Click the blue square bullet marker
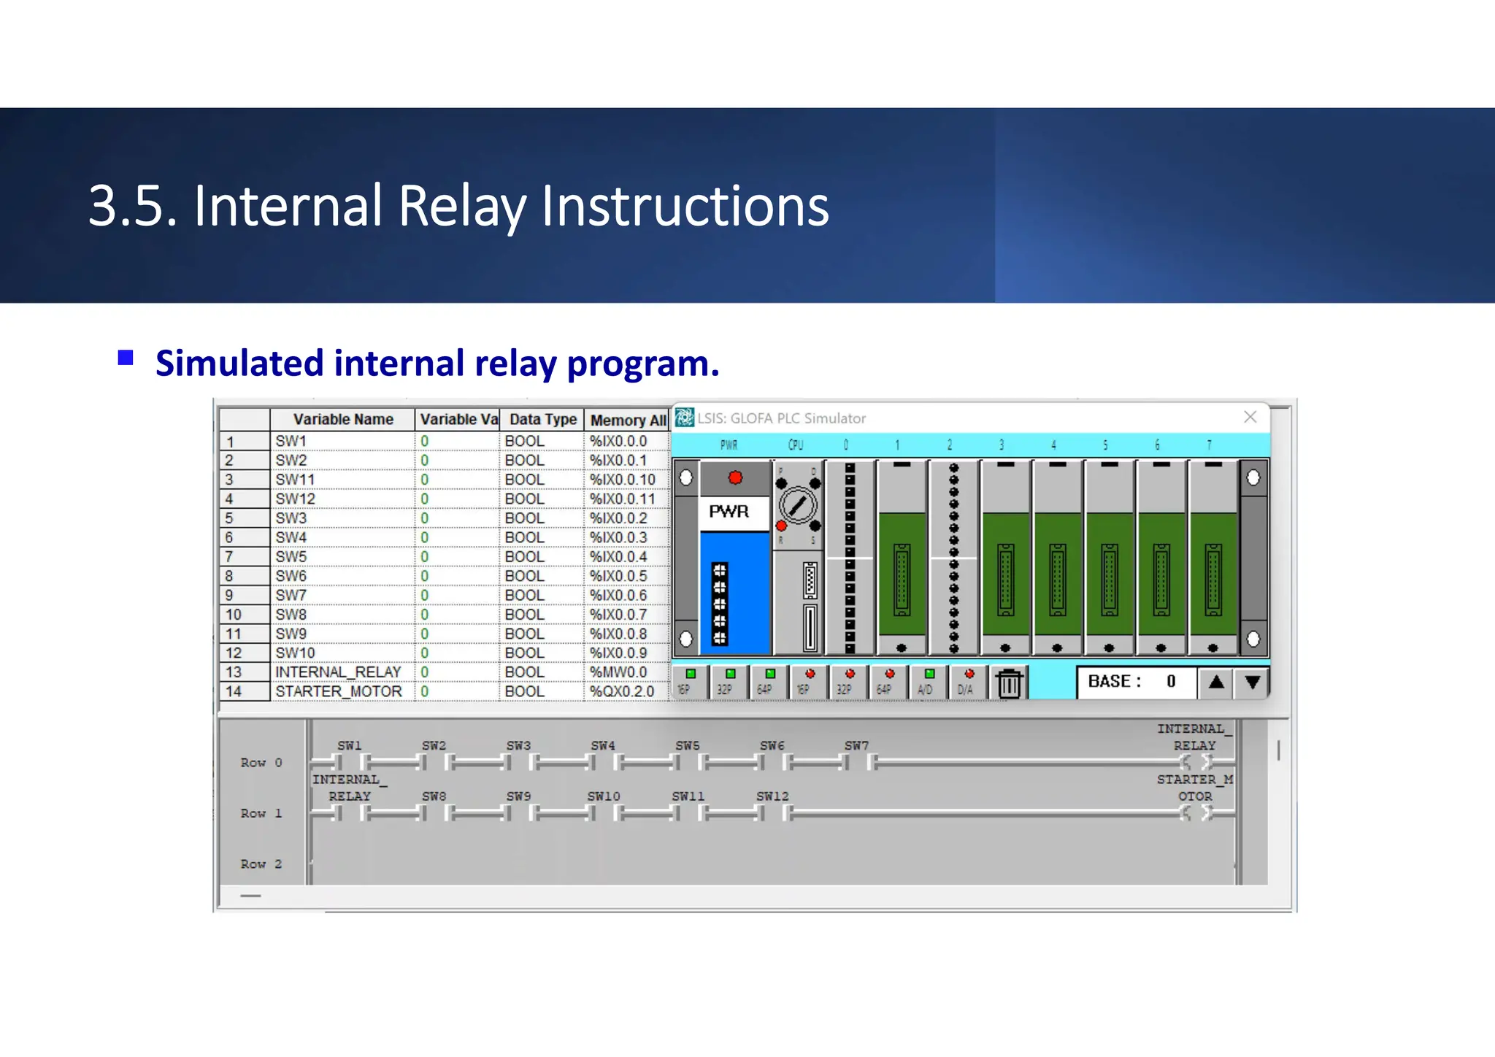pyautogui.click(x=126, y=358)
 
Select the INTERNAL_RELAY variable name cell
pyautogui.click(x=339, y=672)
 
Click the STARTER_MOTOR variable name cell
pyautogui.click(x=339, y=691)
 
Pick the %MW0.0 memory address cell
pyautogui.click(x=619, y=672)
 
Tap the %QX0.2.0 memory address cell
pyautogui.click(x=622, y=691)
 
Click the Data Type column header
pyautogui.click(x=543, y=420)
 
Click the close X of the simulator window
pyautogui.click(x=1250, y=417)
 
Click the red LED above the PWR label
pyautogui.click(x=735, y=477)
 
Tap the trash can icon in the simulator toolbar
pyautogui.click(x=1009, y=683)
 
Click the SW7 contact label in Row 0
pyautogui.click(x=856, y=745)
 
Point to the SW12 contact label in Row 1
pyautogui.click(x=772, y=796)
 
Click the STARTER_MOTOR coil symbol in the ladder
pyautogui.click(x=1195, y=813)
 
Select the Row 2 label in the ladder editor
pyautogui.click(x=261, y=864)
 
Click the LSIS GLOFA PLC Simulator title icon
pyautogui.click(x=684, y=418)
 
